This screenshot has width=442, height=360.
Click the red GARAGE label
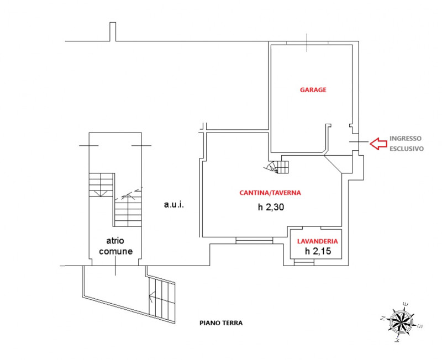pyautogui.click(x=313, y=90)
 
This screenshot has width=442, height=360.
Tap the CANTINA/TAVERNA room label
pyautogui.click(x=270, y=193)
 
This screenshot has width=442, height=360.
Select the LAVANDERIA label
pyautogui.click(x=317, y=241)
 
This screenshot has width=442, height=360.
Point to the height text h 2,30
pyautogui.click(x=271, y=207)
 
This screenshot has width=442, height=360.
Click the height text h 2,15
pyautogui.click(x=318, y=251)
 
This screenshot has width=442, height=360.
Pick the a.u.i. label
pyautogui.click(x=174, y=204)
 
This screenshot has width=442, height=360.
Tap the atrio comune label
pyautogui.click(x=115, y=246)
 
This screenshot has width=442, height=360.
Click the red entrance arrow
pyautogui.click(x=378, y=144)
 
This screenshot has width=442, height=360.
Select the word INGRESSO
pyautogui.click(x=406, y=138)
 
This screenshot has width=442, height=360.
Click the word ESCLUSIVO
pyautogui.click(x=407, y=149)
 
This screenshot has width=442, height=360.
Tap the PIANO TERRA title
pyautogui.click(x=221, y=323)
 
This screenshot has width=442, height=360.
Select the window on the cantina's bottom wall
pyautogui.click(x=254, y=240)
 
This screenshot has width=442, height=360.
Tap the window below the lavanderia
pyautogui.click(x=304, y=262)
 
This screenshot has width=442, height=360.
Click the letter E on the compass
pyautogui.click(x=406, y=304)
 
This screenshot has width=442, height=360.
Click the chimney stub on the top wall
pyautogui.click(x=113, y=31)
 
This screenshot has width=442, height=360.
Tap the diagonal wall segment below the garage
pyautogui.click(x=333, y=163)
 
